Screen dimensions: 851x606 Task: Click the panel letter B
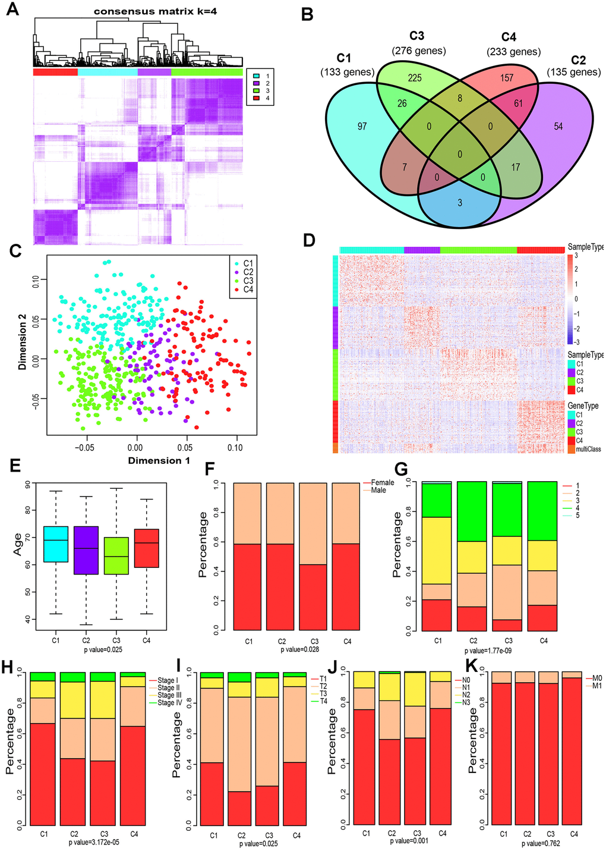click(308, 14)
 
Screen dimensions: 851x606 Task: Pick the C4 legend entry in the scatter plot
click(245, 290)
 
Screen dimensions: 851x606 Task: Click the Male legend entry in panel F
click(378, 490)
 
